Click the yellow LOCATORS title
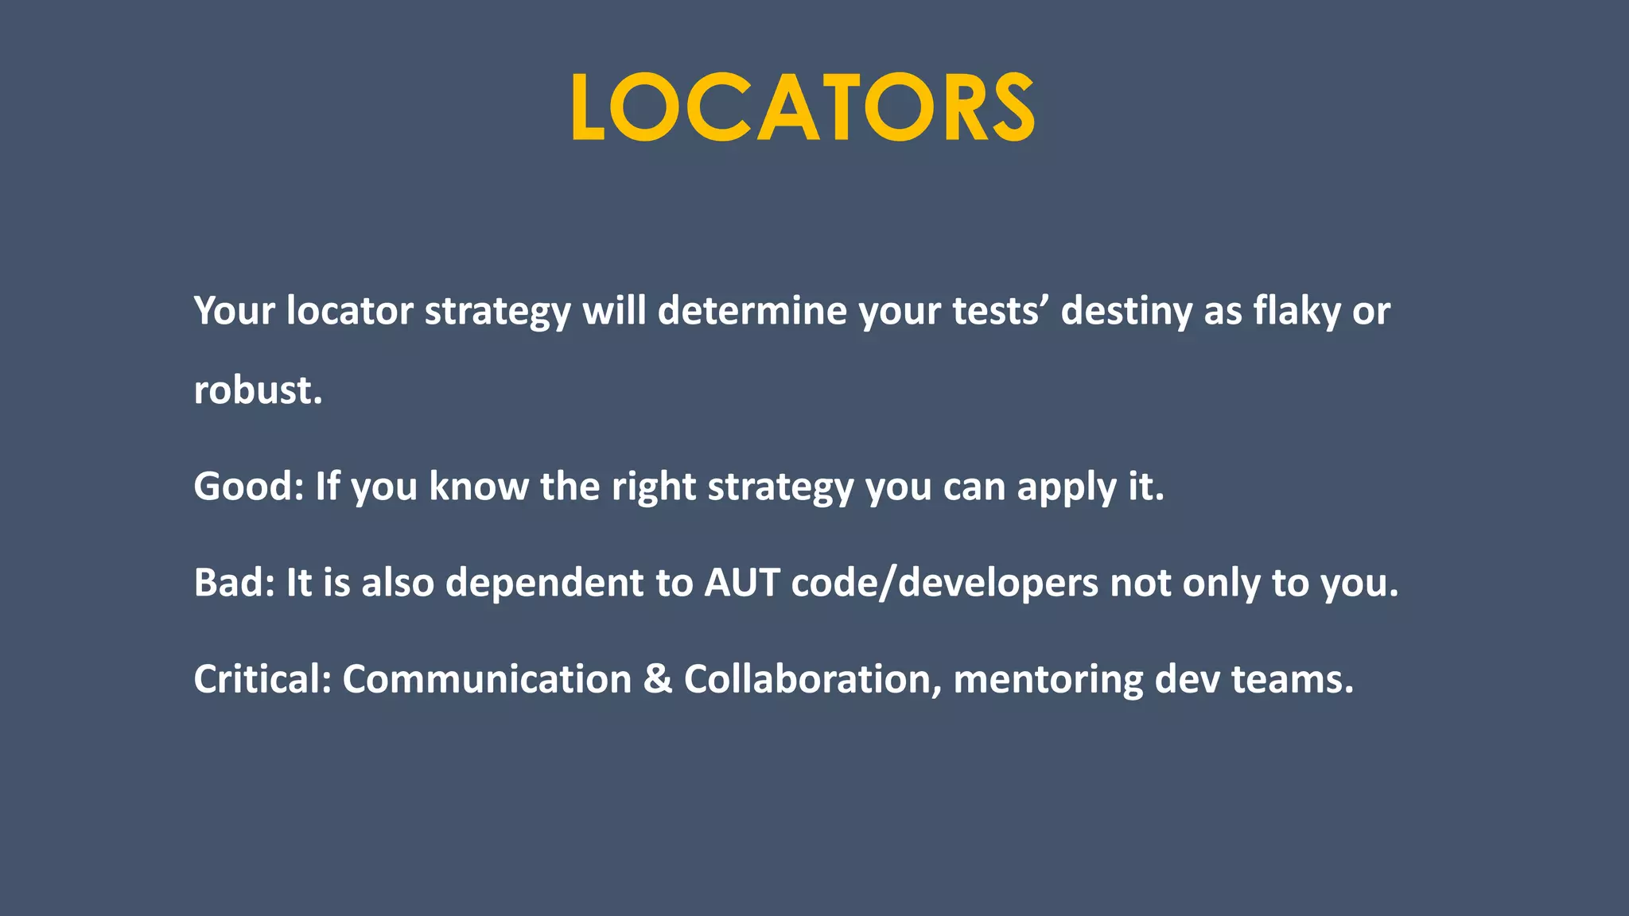(803, 107)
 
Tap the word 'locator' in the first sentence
(349, 310)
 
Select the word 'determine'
(752, 310)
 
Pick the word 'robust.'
(258, 390)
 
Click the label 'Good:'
(248, 486)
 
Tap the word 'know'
(478, 486)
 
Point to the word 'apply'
(1066, 487)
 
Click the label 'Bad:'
(234, 582)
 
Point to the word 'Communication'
(487, 679)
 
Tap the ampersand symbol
(657, 679)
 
